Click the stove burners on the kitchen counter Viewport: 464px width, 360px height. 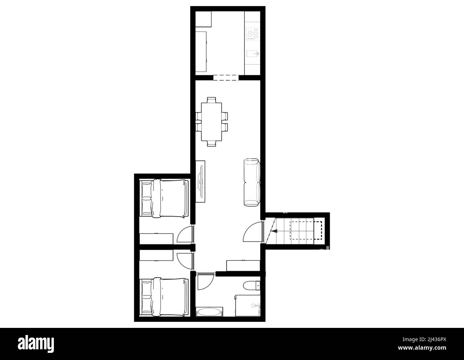coord(252,34)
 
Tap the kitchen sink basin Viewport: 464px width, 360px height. coord(252,54)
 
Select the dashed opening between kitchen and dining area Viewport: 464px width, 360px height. coord(226,77)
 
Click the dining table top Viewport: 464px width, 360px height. coord(211,122)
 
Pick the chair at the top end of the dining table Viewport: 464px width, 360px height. coord(211,100)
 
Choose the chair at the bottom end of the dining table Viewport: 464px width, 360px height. coord(211,143)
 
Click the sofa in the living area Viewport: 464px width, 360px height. coord(252,183)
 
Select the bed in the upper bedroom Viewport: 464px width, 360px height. coord(164,198)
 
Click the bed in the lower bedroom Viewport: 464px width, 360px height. coord(164,297)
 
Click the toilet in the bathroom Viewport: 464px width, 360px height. coord(252,285)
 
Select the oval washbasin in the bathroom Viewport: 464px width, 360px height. coord(209,312)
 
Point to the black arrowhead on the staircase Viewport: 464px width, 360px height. coord(274,231)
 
